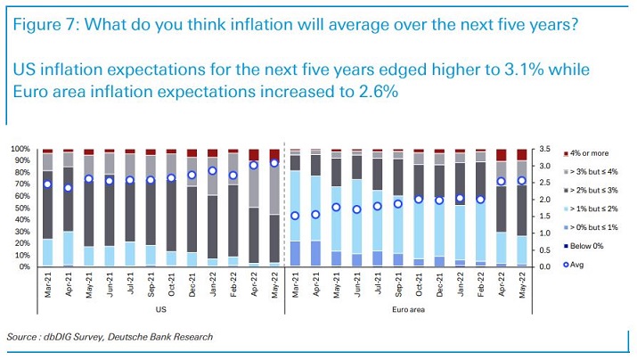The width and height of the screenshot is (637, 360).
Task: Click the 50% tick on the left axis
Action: click(21, 208)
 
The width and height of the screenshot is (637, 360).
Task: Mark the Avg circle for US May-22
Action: click(274, 162)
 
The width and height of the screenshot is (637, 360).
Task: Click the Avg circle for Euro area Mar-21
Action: click(295, 216)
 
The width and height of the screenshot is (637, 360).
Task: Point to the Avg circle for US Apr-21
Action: click(68, 187)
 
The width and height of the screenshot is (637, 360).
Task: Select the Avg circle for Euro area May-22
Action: click(522, 180)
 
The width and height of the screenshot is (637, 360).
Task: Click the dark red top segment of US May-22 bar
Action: click(274, 154)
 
